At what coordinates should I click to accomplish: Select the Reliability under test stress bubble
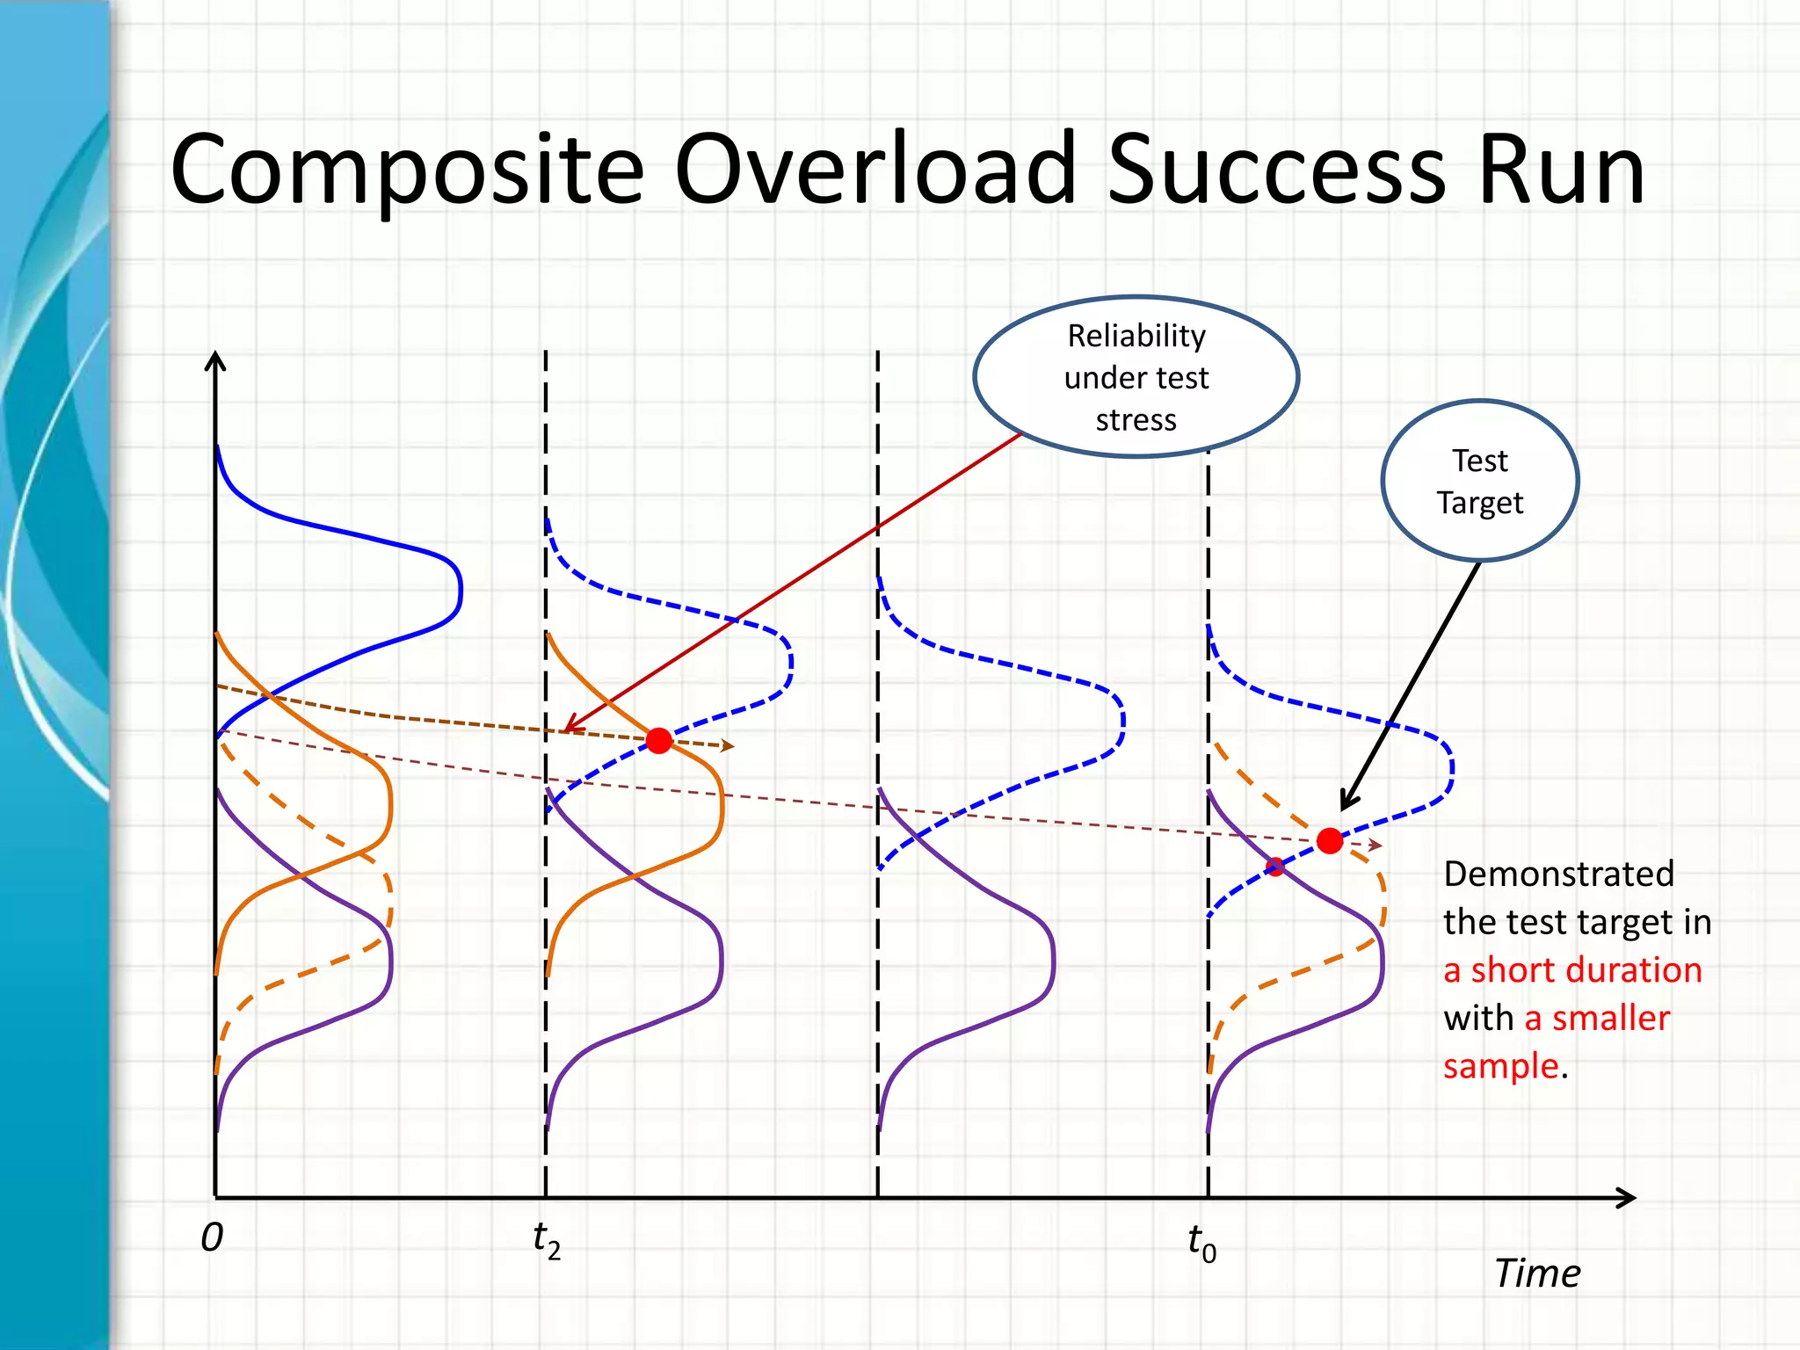(x=1136, y=377)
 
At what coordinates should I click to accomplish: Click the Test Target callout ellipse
(x=1480, y=481)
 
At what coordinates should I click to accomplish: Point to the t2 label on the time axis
(x=546, y=1240)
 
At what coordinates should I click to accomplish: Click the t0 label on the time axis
(x=1201, y=1243)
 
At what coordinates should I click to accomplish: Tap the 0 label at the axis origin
(x=212, y=1237)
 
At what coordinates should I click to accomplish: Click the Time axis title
(x=1537, y=1273)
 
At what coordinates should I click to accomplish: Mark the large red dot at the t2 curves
(x=659, y=740)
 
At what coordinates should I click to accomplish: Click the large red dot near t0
(x=1330, y=841)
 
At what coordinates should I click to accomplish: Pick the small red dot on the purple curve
(x=1275, y=867)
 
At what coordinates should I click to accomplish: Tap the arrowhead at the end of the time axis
(x=1628, y=1197)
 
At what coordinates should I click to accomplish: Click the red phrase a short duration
(x=1572, y=970)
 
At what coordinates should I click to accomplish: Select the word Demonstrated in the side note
(x=1558, y=875)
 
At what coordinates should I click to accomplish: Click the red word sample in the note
(x=1500, y=1066)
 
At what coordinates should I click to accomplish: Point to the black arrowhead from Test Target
(x=1347, y=802)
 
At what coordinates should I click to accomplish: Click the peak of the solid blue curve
(x=460, y=589)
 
